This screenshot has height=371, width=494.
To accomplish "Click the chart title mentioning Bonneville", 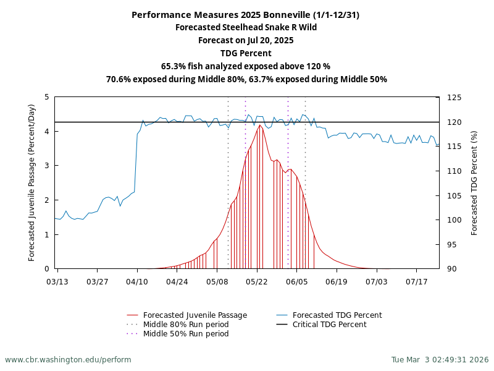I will (x=246, y=15).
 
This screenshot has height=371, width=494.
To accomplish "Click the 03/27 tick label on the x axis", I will (x=97, y=282).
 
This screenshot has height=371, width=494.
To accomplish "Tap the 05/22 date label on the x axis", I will (x=257, y=282).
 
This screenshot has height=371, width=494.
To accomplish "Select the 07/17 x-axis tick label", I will (x=416, y=282).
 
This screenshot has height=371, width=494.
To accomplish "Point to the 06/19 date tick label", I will (x=337, y=282).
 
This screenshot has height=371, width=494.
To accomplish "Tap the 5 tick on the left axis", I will (x=47, y=97).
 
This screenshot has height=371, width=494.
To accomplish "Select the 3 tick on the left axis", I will (x=47, y=166).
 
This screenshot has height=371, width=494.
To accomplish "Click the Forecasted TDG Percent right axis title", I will (x=474, y=182).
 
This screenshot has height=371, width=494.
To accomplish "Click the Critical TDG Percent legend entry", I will (x=329, y=325).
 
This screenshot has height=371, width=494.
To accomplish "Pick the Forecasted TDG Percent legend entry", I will (x=337, y=315).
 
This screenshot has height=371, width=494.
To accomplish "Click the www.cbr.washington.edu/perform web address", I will (x=68, y=360).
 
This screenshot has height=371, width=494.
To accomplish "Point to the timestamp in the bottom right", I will (x=440, y=360).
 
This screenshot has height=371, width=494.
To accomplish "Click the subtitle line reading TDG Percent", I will (x=246, y=53).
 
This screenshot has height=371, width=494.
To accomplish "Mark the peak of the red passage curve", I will (x=260, y=125).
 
